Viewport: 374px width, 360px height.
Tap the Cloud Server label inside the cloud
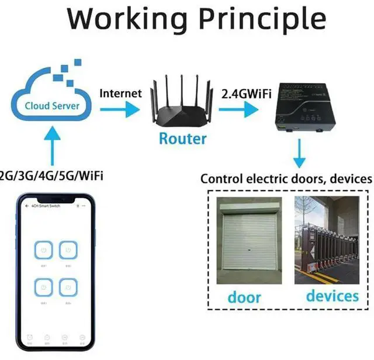click(x=51, y=106)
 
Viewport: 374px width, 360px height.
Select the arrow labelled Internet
click(x=120, y=108)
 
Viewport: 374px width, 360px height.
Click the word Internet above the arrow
click(x=120, y=93)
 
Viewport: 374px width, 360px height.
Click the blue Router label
click(x=183, y=139)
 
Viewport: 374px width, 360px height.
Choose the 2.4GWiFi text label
click(x=246, y=93)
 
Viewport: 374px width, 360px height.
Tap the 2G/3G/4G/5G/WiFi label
click(x=51, y=175)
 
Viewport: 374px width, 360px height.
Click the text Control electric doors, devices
click(x=286, y=179)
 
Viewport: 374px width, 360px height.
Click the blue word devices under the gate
click(x=332, y=295)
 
